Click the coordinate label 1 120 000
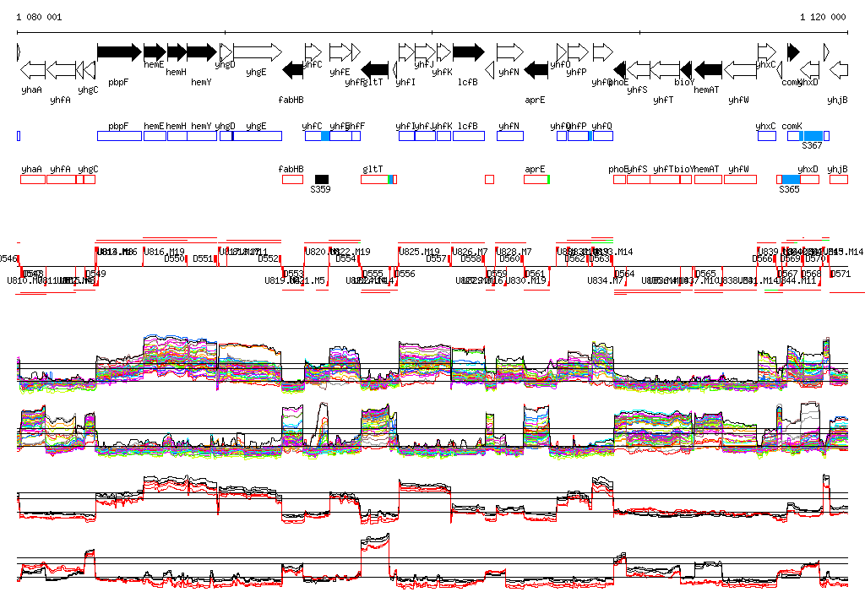click(x=823, y=17)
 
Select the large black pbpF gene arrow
click(x=119, y=52)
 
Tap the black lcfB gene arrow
click(x=468, y=52)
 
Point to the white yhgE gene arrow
click(x=257, y=52)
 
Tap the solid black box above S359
click(x=321, y=179)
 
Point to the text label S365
click(x=789, y=190)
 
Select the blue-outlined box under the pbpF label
click(x=119, y=136)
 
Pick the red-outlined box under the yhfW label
click(x=740, y=179)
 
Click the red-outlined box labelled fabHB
click(x=292, y=179)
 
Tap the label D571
click(x=841, y=274)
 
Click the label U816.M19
click(x=164, y=252)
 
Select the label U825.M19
click(x=419, y=252)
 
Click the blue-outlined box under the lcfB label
click(x=468, y=136)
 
